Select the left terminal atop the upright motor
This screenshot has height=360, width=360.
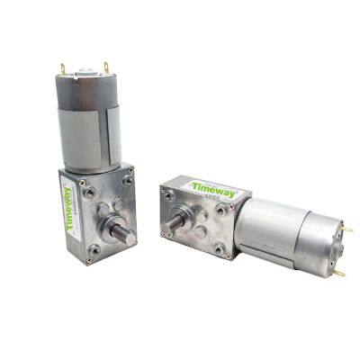(62, 67)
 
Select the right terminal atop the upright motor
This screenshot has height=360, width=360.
(106, 67)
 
